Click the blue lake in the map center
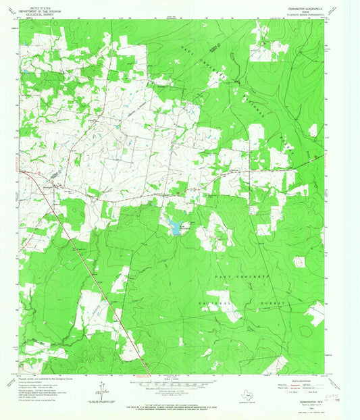click(x=176, y=228)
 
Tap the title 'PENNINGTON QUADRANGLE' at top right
click(x=297, y=9)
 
